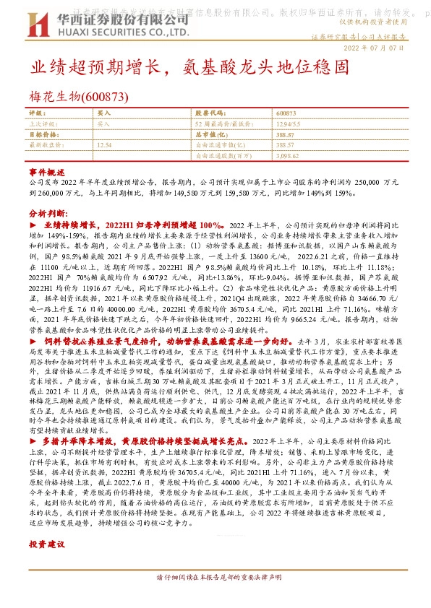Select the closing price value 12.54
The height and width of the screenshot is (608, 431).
tap(104, 144)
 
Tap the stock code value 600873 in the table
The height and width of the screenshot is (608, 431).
tap(286, 113)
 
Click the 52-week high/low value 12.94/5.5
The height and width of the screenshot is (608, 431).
tap(289, 123)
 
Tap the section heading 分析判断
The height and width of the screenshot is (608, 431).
tap(47, 215)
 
